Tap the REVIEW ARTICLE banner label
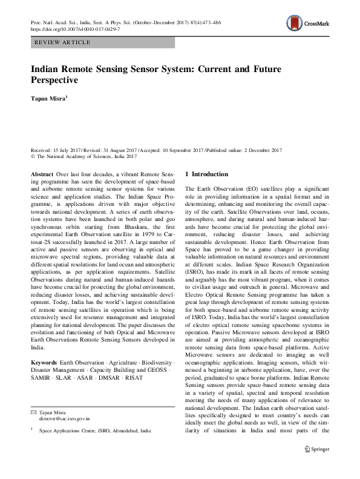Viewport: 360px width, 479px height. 64,42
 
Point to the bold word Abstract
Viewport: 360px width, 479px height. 42,174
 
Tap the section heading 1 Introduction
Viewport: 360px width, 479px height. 206,174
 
